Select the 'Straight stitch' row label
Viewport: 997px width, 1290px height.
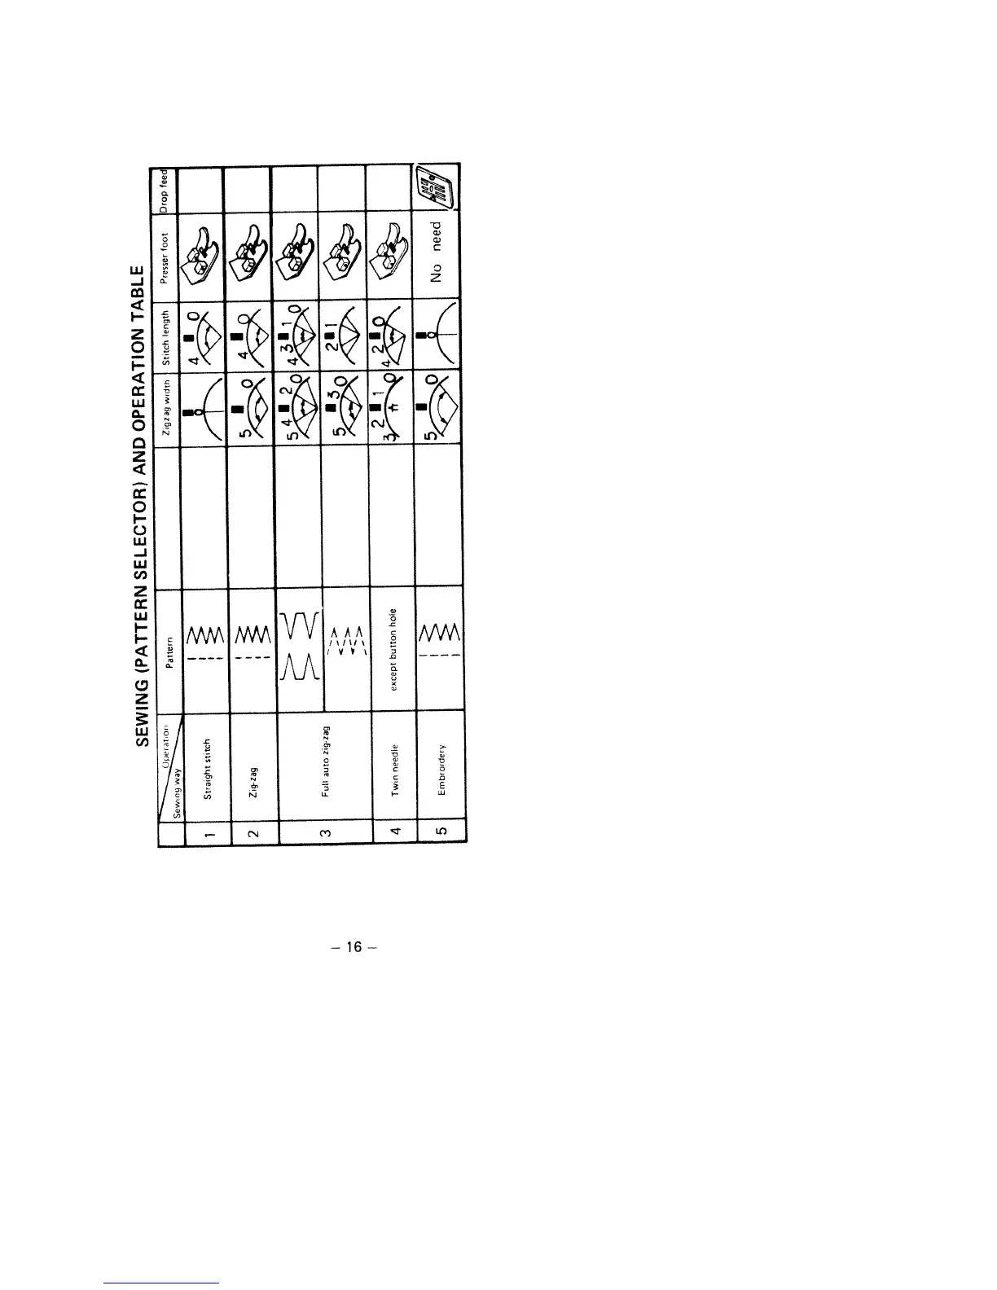point(208,769)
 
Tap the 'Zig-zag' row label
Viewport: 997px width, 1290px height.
point(253,782)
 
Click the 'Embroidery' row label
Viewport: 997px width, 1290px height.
point(442,770)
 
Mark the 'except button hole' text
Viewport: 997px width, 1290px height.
point(394,649)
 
